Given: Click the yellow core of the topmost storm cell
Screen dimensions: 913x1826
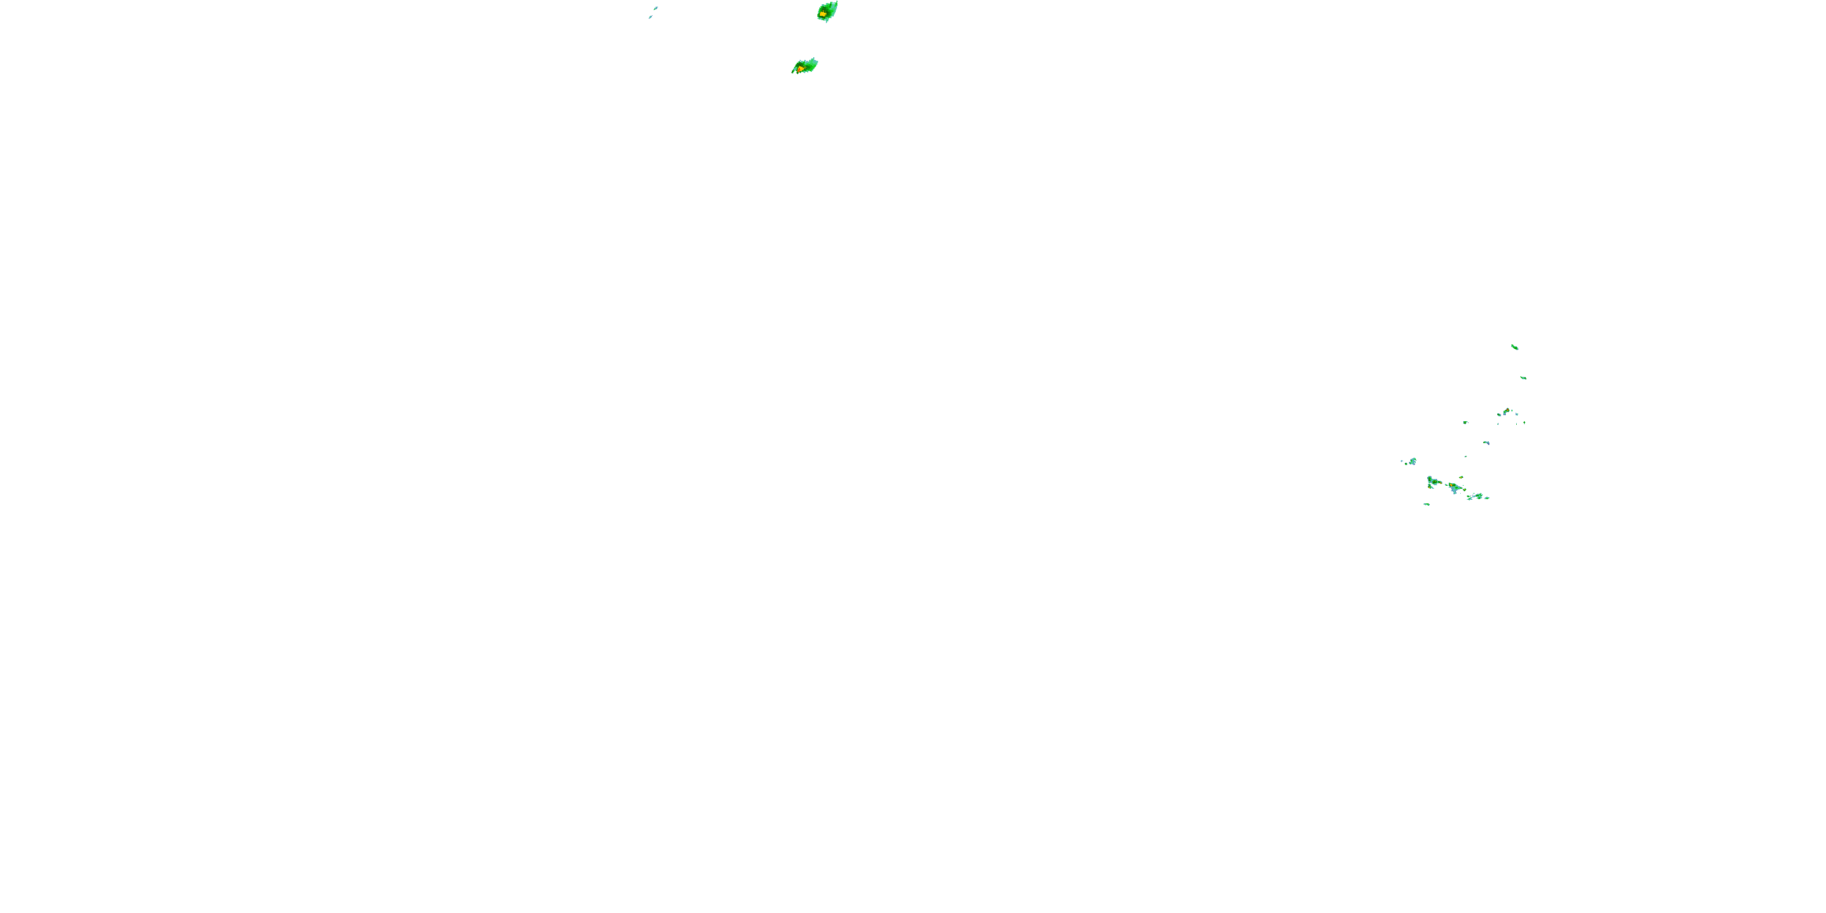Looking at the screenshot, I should [x=822, y=13].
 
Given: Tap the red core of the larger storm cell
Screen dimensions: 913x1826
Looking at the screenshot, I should [x=800, y=69].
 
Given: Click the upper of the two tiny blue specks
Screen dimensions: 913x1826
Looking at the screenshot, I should [x=656, y=8].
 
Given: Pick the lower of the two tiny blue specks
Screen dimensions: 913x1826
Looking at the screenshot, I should [x=650, y=17].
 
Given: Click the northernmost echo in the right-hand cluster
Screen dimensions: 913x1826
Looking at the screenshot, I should [x=1514, y=346].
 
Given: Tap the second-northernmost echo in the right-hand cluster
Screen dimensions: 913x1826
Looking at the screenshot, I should [x=1523, y=378].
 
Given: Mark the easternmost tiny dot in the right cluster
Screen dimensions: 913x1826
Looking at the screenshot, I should [x=1524, y=422].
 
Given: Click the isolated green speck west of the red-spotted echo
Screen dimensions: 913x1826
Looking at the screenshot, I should [x=1465, y=422].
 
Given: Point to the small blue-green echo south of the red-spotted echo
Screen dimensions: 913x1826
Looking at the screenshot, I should [x=1486, y=443].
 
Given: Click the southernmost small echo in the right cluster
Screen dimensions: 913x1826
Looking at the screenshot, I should [x=1426, y=504].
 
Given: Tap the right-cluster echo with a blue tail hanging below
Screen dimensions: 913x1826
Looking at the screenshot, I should [x=1454, y=488].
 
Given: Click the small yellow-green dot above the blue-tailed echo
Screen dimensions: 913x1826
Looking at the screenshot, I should [x=1461, y=477].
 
